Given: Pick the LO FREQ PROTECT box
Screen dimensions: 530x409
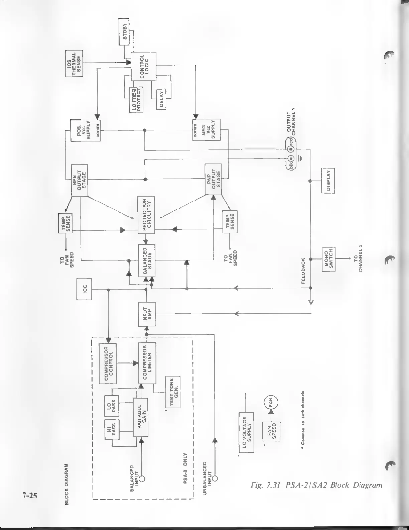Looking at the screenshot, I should coord(136,99).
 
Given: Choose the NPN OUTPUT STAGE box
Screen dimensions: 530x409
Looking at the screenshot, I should coord(80,180).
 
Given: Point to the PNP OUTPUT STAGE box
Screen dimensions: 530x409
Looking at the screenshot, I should coord(214,179).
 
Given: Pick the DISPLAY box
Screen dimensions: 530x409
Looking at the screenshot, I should coord(328,181).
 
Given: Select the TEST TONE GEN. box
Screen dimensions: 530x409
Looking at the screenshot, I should coord(173,392).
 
